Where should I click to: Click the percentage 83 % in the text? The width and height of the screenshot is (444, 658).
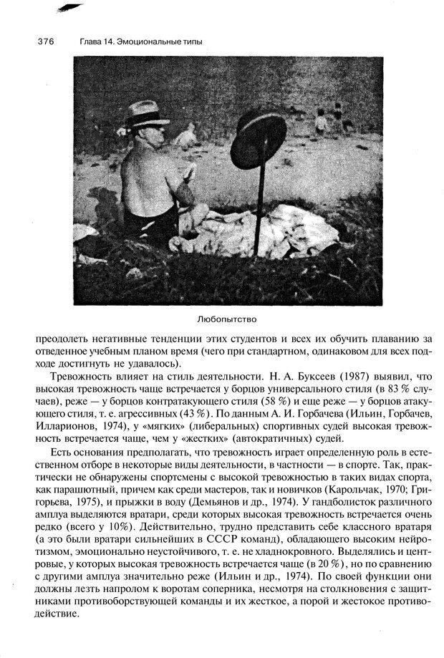point(399,387)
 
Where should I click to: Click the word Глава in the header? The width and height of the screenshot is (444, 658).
point(91,42)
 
